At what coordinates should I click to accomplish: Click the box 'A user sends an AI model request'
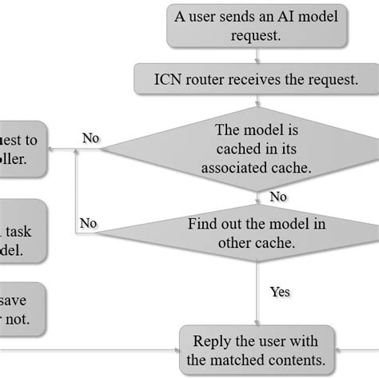tap(257, 26)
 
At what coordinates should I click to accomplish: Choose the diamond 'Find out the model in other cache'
tap(257, 233)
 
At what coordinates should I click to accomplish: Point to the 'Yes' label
tap(279, 292)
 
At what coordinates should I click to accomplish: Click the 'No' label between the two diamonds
tap(278, 197)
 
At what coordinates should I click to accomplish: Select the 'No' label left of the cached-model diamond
tap(90, 138)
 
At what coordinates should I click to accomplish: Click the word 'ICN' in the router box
tap(171, 79)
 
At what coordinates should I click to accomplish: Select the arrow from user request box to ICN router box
tap(257, 55)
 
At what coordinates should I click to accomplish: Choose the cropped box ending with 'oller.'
tap(22, 148)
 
